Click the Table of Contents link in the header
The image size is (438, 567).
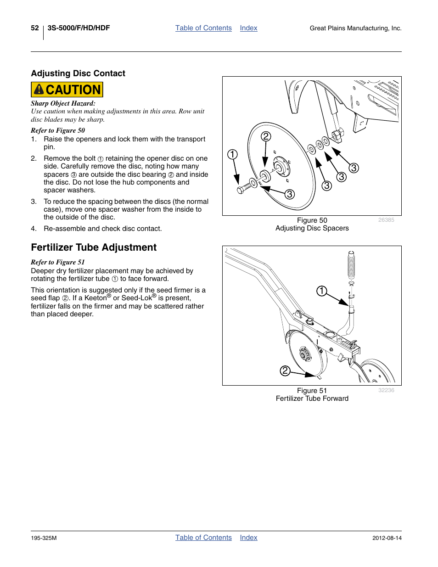(x=203, y=28)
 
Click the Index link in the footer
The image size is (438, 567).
(x=248, y=538)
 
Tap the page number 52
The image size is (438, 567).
(x=35, y=28)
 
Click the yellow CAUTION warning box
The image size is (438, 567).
(x=67, y=90)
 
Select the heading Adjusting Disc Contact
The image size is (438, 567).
(x=78, y=73)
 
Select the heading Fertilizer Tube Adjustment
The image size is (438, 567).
(x=94, y=247)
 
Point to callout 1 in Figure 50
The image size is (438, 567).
(x=233, y=154)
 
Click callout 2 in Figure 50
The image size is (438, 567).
(x=266, y=136)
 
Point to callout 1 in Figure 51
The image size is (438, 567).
(x=322, y=291)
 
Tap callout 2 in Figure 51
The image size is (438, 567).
(x=285, y=371)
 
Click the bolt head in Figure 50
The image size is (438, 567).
(x=241, y=190)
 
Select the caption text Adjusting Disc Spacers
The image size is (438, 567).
(x=312, y=228)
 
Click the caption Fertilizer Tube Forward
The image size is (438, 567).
(x=312, y=399)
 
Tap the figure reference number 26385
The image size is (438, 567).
(x=386, y=220)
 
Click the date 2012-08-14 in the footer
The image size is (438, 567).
(x=387, y=538)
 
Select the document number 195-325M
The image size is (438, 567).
(x=44, y=538)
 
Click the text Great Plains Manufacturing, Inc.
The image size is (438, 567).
(x=355, y=28)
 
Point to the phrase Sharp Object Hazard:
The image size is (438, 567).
(x=63, y=104)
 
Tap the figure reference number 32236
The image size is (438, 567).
(x=386, y=390)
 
